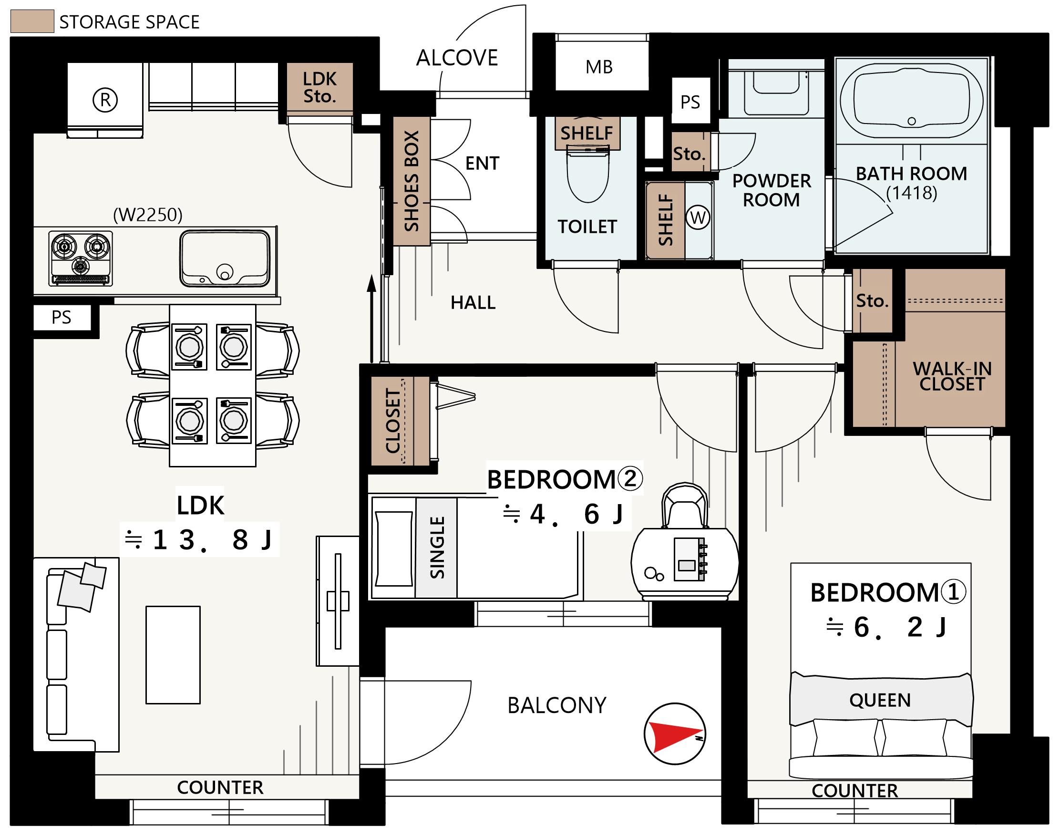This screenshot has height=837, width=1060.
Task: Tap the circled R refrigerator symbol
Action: point(105,100)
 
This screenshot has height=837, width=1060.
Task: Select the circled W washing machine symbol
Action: point(698,217)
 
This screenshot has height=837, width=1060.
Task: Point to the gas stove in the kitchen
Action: point(81,258)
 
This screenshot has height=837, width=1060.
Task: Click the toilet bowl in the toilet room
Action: point(588,176)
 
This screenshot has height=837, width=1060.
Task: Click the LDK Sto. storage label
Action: point(320,87)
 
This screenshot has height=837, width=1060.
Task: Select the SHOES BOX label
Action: point(412,181)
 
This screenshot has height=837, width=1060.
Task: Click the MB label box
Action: point(599,67)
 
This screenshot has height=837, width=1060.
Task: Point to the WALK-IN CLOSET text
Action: point(952,376)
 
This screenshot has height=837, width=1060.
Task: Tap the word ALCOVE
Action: point(456,58)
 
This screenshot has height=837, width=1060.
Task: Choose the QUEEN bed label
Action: point(880,700)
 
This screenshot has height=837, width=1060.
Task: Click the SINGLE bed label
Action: point(436,548)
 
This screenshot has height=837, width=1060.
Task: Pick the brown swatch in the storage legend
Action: point(32,21)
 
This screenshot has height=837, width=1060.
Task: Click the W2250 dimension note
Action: point(147,215)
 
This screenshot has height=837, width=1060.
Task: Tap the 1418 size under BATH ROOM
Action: point(912,193)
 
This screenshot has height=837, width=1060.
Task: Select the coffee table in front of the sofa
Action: point(173,655)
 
